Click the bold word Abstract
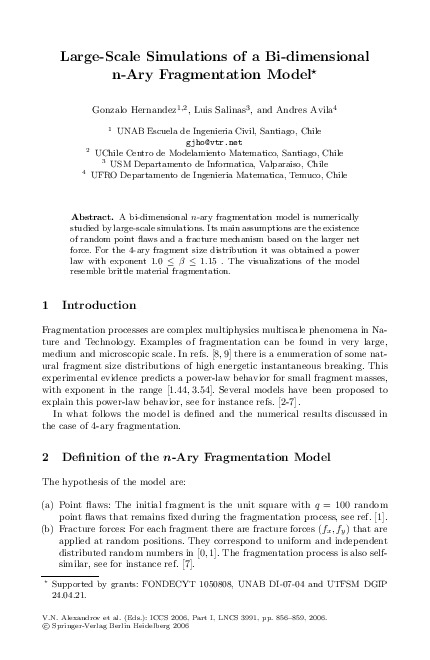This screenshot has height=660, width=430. coord(94,217)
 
